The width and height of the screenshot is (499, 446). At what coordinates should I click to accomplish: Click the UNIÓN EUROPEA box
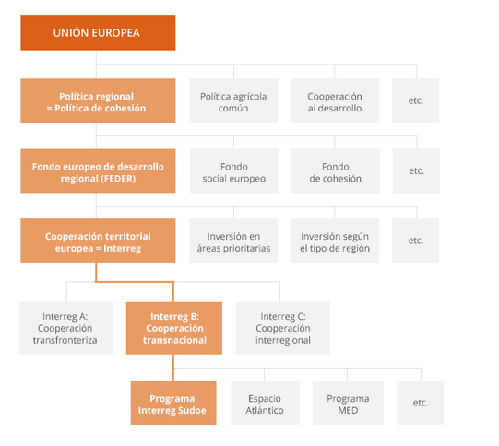(x=98, y=32)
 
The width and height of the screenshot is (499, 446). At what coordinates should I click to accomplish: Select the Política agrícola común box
(x=233, y=100)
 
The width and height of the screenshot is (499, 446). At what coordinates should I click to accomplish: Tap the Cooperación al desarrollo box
(x=335, y=100)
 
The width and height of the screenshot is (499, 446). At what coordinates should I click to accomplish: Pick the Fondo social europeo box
(x=234, y=170)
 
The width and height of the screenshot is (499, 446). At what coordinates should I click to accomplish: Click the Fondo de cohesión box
(x=336, y=170)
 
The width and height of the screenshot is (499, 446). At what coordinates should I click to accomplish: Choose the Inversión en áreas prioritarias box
(x=233, y=241)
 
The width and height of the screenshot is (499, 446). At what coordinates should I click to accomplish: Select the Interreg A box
(x=66, y=328)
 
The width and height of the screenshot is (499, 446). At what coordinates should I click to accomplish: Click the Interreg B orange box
(x=174, y=328)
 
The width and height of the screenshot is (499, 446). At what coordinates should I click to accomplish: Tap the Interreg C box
(x=282, y=328)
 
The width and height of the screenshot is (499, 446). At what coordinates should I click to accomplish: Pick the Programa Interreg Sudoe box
(x=173, y=403)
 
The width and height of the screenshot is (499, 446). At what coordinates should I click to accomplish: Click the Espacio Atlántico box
(x=265, y=403)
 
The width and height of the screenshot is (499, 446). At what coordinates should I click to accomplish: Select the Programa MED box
(x=348, y=403)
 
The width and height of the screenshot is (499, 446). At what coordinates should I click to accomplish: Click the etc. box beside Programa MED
(x=420, y=403)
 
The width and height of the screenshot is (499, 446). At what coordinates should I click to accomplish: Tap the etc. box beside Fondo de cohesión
(x=416, y=170)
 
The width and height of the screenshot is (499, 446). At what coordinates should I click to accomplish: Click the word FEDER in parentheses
(x=118, y=179)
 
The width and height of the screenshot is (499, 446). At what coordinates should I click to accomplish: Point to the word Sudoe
(x=192, y=410)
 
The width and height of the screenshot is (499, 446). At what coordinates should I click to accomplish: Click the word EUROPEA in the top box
(x=115, y=33)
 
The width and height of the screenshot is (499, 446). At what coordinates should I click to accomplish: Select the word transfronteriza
(x=65, y=340)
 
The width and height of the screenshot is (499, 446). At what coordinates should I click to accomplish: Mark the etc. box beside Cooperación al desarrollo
(x=416, y=100)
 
